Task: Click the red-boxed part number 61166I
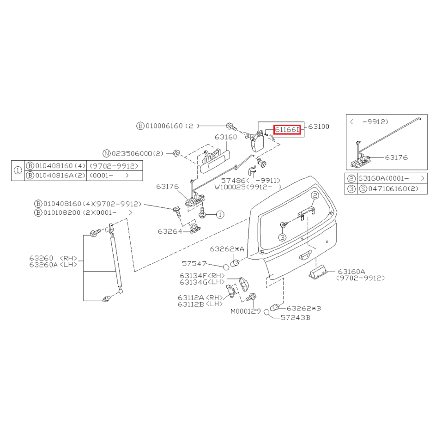pos(287,129)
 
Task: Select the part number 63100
pos(319,127)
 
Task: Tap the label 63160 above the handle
pos(226,137)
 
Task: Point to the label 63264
pos(170,231)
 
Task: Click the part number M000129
pos(246,311)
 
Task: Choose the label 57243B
pos(296,318)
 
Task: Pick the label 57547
pos(194,264)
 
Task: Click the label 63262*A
pos(227,249)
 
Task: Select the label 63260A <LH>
pos(53,265)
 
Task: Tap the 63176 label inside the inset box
pos(396,157)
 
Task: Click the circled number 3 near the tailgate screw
pos(283,237)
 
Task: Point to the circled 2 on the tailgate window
pos(315,195)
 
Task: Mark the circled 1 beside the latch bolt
pos(220,214)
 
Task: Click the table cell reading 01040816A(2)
pos(56,176)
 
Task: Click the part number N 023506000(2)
pos(133,153)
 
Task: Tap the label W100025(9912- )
pos(248,188)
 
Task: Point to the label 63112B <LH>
pos(200,304)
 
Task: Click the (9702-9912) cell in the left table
pos(114,166)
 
